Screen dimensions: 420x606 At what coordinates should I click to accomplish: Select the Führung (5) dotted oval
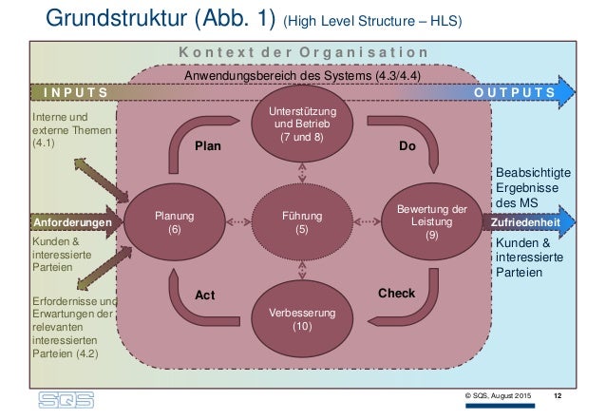(302, 222)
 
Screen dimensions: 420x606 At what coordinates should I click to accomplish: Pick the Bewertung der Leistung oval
(431, 222)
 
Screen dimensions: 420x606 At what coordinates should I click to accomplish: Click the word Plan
(207, 147)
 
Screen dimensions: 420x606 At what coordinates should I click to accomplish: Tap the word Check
(396, 293)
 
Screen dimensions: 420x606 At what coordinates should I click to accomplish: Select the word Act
(205, 295)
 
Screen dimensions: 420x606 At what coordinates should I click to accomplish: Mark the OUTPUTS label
(514, 93)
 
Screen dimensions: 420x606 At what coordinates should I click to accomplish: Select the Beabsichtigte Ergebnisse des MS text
(533, 188)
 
